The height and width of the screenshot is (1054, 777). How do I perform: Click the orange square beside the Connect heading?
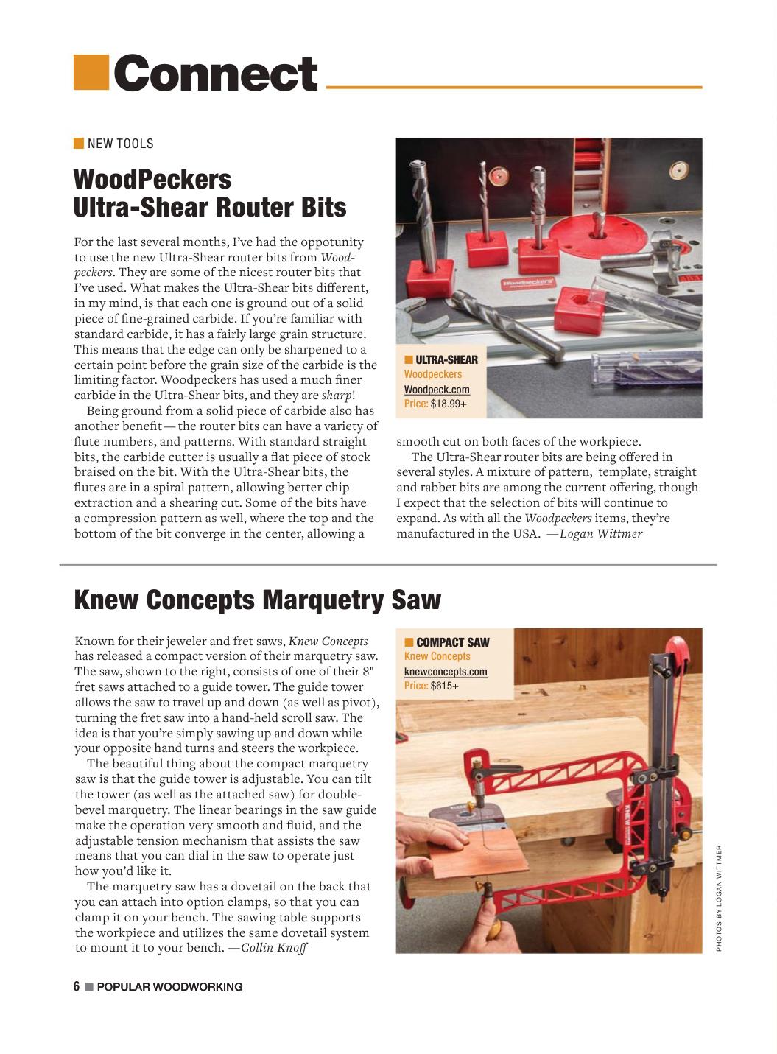(91, 73)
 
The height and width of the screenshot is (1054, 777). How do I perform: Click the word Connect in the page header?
(215, 74)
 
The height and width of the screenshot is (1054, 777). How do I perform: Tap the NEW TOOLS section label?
(120, 144)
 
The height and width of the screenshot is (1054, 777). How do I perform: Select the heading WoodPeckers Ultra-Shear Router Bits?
(210, 193)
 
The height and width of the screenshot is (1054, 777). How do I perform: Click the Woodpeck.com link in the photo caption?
(437, 390)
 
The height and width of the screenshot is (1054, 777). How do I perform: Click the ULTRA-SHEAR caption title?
(446, 359)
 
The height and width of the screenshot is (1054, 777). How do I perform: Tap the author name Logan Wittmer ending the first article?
(601, 533)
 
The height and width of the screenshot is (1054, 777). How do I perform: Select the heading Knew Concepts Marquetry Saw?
(257, 600)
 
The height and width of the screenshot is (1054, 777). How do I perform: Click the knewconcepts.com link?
(446, 672)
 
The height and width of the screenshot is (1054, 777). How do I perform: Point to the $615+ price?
(445, 686)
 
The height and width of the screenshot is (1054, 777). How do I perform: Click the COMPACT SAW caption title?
(452, 642)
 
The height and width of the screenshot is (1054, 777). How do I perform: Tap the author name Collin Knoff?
(274, 947)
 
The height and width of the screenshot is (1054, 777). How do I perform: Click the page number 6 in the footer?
(77, 987)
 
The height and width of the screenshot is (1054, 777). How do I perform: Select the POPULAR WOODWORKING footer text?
(169, 987)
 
